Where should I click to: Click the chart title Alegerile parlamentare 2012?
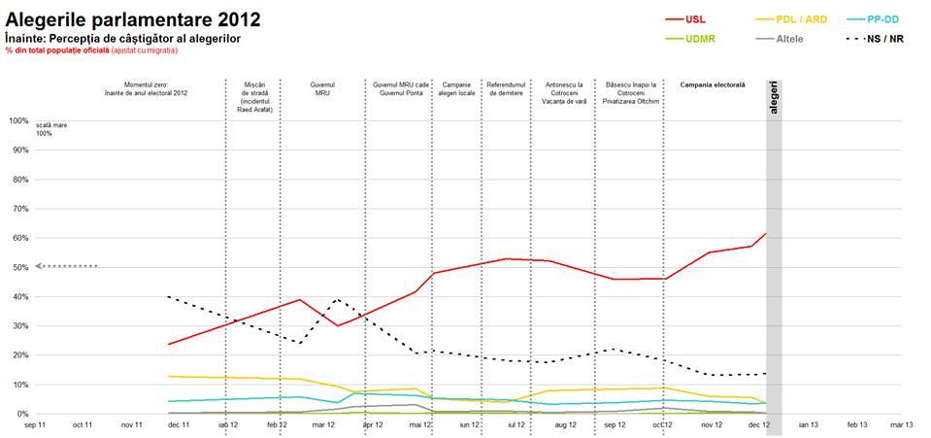132,19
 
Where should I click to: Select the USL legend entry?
696,19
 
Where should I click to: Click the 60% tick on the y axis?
19,238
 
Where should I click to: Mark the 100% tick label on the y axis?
17,120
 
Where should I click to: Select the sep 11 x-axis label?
34,425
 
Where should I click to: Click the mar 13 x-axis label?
902,425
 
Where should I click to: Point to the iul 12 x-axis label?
515,425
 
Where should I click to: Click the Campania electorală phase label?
713,85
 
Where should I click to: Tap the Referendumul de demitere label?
505,89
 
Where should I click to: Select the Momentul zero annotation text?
146,89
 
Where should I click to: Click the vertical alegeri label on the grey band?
774,97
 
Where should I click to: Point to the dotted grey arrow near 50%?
66,265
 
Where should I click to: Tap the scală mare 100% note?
44,129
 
